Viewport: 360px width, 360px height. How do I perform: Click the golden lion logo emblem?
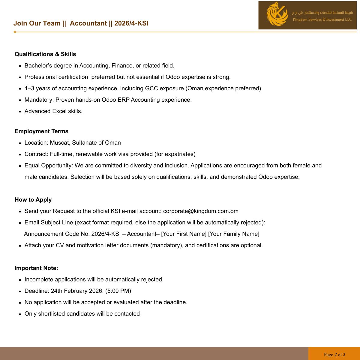(277, 14)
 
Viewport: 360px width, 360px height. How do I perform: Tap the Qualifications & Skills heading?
(45, 54)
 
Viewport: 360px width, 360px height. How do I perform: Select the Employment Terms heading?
(41, 131)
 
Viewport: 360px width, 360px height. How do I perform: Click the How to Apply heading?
(33, 200)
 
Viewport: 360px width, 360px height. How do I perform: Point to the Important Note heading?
(36, 268)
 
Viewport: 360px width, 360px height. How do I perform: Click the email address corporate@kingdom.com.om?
(201, 211)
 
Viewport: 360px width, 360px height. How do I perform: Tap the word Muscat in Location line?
(59, 143)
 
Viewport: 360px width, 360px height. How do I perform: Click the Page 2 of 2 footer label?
(334, 355)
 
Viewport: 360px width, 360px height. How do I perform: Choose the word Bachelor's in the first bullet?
(38, 66)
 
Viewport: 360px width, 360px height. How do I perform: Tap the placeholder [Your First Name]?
(184, 234)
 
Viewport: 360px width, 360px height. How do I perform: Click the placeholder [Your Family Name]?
(234, 234)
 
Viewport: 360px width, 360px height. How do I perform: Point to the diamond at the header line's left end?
(15, 32)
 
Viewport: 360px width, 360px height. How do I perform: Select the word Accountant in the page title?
(88, 23)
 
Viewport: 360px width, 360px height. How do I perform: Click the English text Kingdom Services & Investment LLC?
(322, 19)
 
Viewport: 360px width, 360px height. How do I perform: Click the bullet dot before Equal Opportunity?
(20, 166)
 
